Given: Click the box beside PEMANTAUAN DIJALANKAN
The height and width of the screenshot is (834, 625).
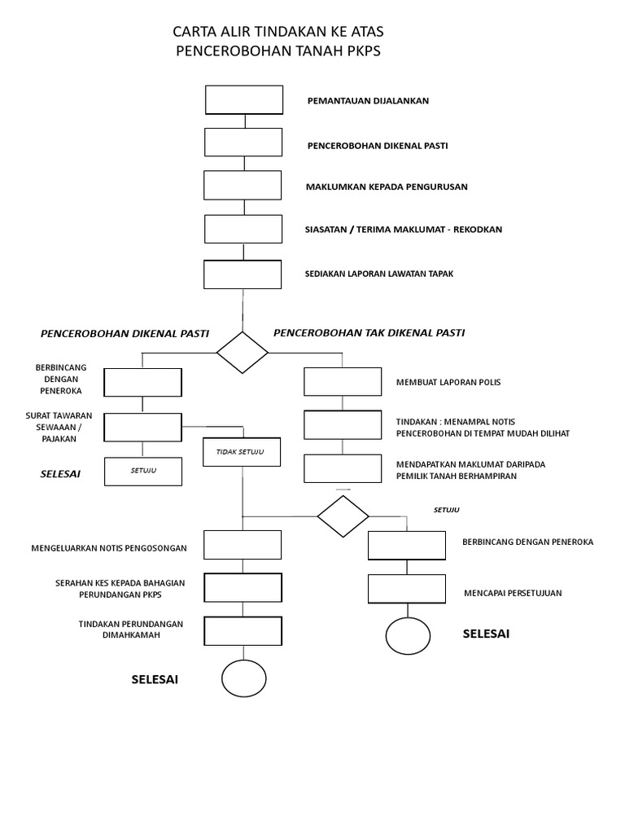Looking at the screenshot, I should [244, 100].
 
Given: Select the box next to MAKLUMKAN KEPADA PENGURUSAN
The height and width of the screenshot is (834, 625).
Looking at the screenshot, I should [243, 185].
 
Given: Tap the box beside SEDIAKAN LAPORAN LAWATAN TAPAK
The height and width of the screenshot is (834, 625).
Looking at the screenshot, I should [243, 274].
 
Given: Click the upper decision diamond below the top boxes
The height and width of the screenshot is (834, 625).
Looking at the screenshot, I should [243, 353].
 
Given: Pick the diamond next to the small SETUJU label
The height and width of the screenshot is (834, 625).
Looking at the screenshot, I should [343, 516].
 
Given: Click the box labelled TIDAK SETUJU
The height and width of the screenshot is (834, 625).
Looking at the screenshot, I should [242, 452].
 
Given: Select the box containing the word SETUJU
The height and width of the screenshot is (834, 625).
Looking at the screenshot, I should [143, 472].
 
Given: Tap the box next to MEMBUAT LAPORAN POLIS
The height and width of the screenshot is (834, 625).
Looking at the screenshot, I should [343, 381].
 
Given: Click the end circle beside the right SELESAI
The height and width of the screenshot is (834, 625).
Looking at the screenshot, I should [408, 635].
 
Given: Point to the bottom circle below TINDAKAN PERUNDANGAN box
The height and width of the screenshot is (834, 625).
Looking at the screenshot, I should [244, 678].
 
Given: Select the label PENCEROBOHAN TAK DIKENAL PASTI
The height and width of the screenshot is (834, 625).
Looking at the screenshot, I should [369, 333].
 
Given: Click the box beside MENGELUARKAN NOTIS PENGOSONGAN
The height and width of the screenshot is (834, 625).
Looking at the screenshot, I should [243, 545].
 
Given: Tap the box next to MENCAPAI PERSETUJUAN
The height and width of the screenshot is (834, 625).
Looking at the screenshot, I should [407, 589].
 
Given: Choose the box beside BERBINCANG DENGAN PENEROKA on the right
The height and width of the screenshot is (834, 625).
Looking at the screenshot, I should [407, 546].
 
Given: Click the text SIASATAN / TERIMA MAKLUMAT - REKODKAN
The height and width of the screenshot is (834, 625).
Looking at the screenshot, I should [404, 230].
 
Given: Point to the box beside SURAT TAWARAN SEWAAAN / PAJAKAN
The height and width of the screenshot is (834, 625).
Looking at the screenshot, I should [143, 427].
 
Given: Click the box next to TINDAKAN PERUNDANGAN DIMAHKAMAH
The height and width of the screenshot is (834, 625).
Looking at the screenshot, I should [243, 630].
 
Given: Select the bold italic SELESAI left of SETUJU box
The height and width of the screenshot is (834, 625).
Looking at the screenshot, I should [60, 473].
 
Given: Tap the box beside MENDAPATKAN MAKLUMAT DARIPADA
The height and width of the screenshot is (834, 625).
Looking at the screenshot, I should [343, 468].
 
